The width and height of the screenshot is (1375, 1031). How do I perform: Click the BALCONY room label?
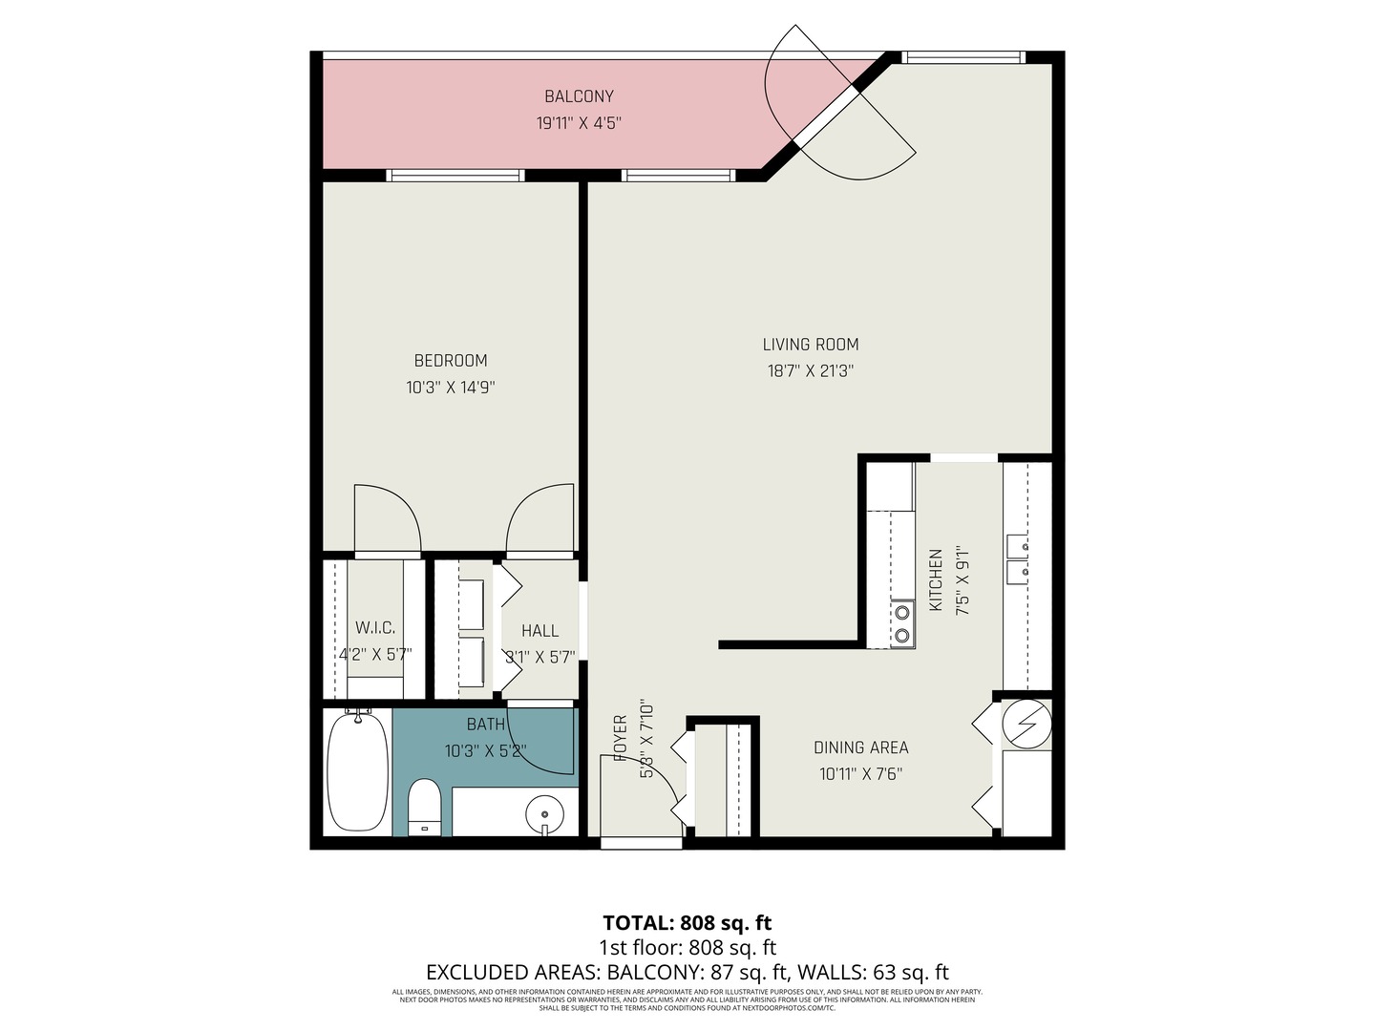pos(579,96)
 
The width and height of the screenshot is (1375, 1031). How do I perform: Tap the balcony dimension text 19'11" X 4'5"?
pos(579,123)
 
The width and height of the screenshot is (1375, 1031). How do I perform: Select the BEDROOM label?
pos(451,361)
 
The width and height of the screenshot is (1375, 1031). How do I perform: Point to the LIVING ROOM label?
pos(811,345)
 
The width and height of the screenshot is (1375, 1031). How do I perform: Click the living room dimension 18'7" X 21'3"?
pos(811,371)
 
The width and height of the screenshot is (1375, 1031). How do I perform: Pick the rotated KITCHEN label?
pos(937,580)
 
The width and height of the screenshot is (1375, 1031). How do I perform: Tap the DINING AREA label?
pos(860,747)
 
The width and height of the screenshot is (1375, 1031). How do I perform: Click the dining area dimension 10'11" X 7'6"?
pos(860,774)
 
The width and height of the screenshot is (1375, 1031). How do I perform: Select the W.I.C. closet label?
pos(375,627)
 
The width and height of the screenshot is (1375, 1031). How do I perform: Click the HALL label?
pos(540,631)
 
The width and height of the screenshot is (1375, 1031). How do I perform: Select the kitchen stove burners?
pos(901,624)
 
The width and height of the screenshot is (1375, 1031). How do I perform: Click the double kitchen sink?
pos(1017,559)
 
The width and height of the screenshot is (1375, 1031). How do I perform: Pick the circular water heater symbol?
pos(1026,725)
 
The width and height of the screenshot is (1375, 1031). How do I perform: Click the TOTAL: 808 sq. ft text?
pos(687,923)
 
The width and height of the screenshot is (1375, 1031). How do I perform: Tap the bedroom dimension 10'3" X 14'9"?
pos(451,388)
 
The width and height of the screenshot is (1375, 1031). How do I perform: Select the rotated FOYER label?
pos(621,737)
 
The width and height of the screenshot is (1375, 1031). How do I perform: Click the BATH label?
pos(485,725)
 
